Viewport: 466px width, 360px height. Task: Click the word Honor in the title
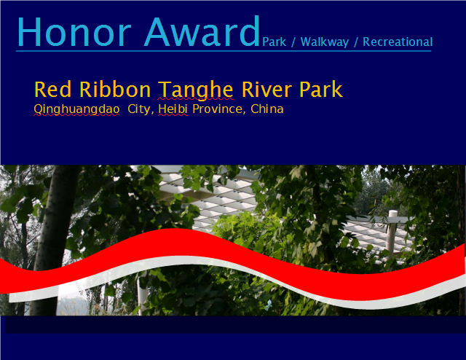[x=74, y=31]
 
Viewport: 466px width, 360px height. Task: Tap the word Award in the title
[x=202, y=31]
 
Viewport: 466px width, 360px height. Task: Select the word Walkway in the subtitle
[x=325, y=42]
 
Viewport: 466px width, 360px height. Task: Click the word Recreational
[x=398, y=42]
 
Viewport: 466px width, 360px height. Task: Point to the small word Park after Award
[x=274, y=42]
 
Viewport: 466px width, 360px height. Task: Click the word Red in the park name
[x=53, y=89]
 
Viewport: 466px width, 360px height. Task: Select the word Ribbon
[x=115, y=89]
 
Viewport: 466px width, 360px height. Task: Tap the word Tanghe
[x=196, y=90]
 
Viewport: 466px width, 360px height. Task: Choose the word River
[x=266, y=89]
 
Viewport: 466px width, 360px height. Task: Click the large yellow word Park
[x=321, y=89]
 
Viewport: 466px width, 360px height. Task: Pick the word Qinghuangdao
[x=76, y=109]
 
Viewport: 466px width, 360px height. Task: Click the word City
[x=141, y=109]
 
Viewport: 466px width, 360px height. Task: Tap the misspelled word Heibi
[x=173, y=109]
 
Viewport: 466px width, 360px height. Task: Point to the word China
[x=267, y=109]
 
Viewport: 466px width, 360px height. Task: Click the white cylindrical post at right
[x=392, y=235]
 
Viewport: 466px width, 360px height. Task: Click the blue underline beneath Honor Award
[x=224, y=51]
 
